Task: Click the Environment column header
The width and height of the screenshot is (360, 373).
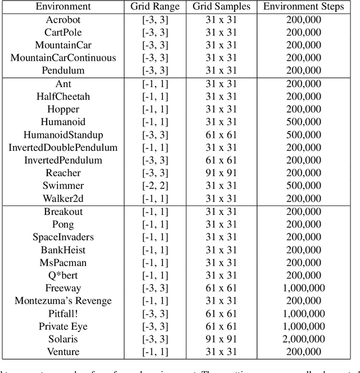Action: (63, 7)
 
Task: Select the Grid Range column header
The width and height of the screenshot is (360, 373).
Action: (155, 7)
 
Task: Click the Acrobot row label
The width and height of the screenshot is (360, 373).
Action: (63, 20)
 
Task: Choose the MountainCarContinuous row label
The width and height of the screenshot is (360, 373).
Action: (63, 58)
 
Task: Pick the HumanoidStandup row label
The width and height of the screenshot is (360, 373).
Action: (63, 135)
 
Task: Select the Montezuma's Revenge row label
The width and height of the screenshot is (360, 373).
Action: (63, 301)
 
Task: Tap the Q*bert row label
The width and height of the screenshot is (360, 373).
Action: (63, 275)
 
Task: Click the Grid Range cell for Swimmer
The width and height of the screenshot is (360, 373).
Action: (155, 186)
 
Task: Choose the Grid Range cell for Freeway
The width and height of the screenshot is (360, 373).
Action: (155, 288)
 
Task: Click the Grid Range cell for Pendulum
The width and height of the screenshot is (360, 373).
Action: (155, 70)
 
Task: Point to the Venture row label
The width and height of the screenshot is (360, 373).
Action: (63, 352)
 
